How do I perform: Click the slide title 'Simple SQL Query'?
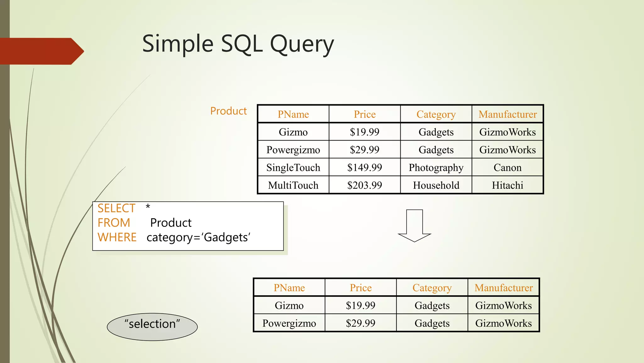point(238,44)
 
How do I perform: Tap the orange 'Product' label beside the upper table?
point(228,111)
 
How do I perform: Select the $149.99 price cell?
point(364,167)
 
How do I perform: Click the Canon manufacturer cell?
point(507,167)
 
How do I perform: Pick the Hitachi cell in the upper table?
point(507,185)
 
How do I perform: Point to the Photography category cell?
point(436,167)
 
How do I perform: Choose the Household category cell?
point(436,185)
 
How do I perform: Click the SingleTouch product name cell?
point(293,167)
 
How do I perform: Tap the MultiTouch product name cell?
point(293,185)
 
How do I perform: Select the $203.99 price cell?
point(364,185)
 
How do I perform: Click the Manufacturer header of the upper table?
point(508,114)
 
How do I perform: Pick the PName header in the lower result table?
point(289,288)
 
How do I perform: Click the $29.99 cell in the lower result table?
point(360,323)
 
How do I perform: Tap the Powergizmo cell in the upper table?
point(293,150)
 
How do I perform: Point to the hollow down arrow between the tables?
point(414,226)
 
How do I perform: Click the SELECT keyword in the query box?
point(116,208)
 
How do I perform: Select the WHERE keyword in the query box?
point(117,237)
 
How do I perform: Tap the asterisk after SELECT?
point(148,207)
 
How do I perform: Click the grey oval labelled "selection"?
point(152,327)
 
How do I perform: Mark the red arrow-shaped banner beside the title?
point(41,51)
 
